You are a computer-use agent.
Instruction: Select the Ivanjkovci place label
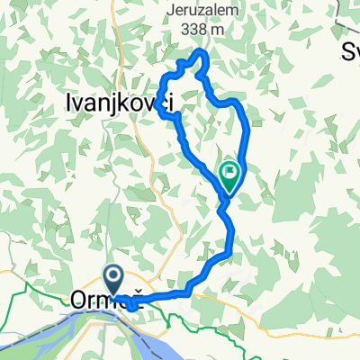pos(120,104)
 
